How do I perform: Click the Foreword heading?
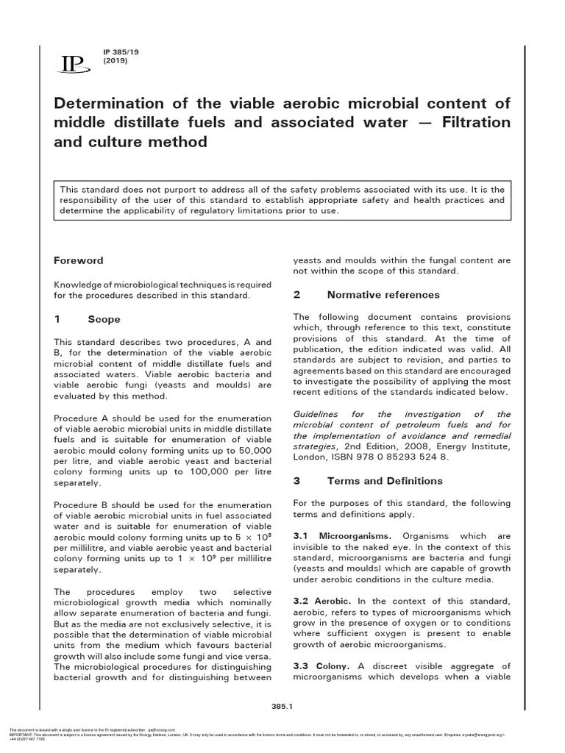(x=79, y=260)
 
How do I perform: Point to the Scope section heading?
(x=104, y=319)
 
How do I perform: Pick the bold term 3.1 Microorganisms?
(x=343, y=536)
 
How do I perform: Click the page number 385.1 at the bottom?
(x=283, y=707)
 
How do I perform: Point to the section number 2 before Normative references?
(x=297, y=295)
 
